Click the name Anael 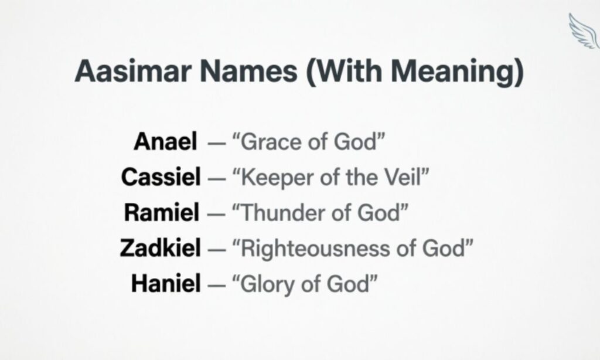coord(166,141)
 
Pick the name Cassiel coord(161,176)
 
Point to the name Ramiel coord(161,212)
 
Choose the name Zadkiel coord(160,248)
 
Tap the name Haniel coord(166,284)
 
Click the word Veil coord(402,176)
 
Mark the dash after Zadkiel coord(215,249)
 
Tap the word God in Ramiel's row coord(380,212)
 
